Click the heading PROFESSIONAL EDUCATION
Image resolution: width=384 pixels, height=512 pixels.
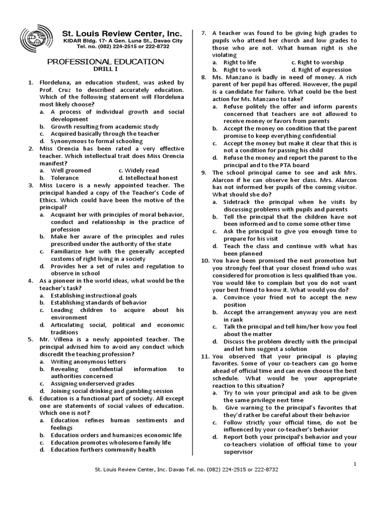pyautogui.click(x=105, y=61)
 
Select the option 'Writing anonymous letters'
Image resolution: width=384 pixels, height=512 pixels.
pyautogui.click(x=88, y=361)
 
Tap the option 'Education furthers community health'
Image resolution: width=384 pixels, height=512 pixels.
pyautogui.click(x=103, y=449)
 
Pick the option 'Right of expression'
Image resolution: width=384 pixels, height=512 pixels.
pyautogui.click(x=322, y=69)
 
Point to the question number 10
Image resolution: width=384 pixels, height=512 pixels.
pyautogui.click(x=205, y=260)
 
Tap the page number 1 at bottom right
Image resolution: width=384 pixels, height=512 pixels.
pyautogui.click(x=354, y=463)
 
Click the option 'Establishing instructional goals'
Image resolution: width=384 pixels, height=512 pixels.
pyautogui.click(x=93, y=295)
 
